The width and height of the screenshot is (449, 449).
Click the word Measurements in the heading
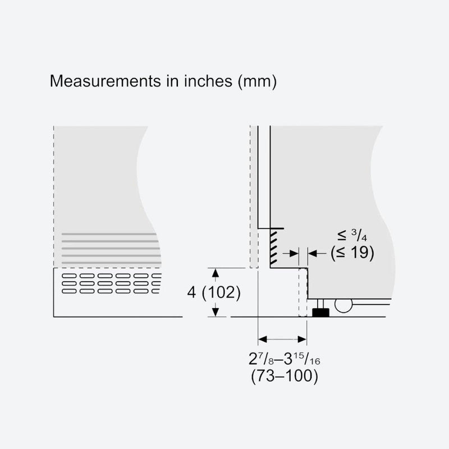(x=106, y=81)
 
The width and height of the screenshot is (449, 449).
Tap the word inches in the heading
(x=208, y=81)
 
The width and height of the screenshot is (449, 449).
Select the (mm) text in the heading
(x=257, y=81)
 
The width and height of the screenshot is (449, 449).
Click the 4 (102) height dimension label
(x=214, y=292)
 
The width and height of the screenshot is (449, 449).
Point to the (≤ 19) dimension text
(x=352, y=253)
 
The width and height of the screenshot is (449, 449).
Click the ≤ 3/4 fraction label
(x=352, y=235)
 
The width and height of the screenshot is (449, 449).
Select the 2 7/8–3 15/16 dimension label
(x=284, y=359)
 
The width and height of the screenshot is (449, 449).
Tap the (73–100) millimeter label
(x=285, y=376)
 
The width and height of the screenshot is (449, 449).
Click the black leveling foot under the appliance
(x=320, y=312)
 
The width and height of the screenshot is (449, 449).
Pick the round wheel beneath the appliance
(x=343, y=305)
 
